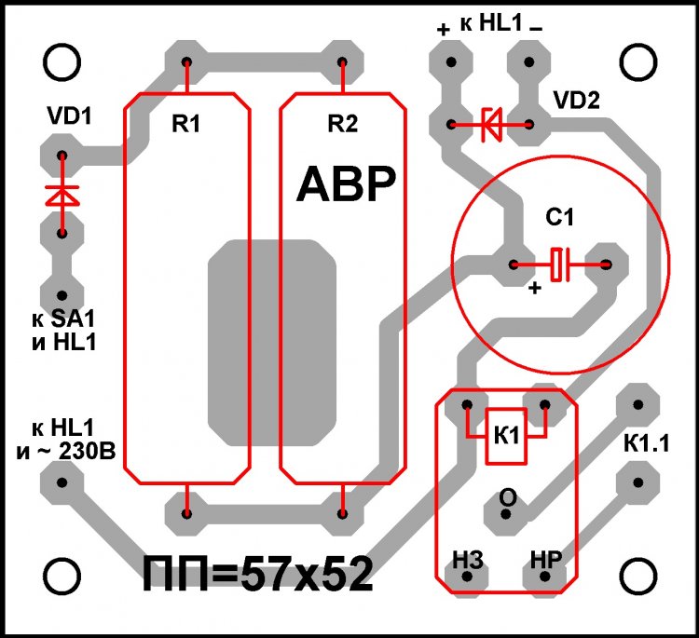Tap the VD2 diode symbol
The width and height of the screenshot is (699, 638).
[x=490, y=124]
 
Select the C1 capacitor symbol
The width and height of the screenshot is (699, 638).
[x=560, y=265]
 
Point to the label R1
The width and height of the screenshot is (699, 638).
[x=185, y=124]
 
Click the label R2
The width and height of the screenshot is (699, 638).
[x=342, y=124]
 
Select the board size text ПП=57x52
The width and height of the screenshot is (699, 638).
[x=258, y=575]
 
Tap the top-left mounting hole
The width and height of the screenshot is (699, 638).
[x=62, y=62]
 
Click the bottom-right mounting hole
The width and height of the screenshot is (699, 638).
[x=638, y=575]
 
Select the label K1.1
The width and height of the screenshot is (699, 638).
[x=647, y=445]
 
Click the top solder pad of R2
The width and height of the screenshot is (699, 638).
[x=343, y=63]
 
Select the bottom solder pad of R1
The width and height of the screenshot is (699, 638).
[x=187, y=511]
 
